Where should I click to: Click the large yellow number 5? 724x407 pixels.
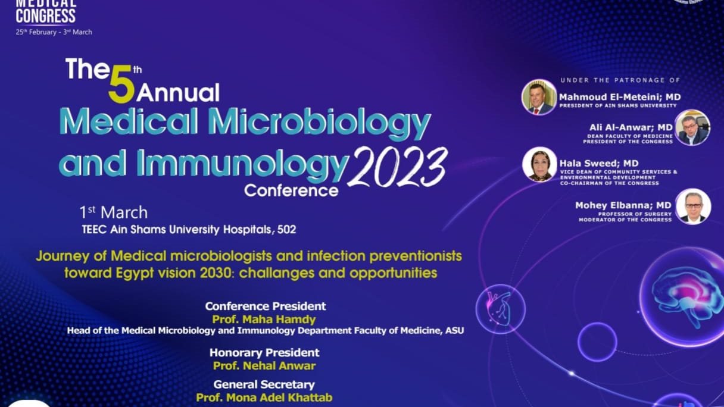tap(121, 84)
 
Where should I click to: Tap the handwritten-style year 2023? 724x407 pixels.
tap(398, 167)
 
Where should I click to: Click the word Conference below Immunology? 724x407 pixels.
tap(291, 190)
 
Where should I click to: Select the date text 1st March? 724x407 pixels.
tap(114, 212)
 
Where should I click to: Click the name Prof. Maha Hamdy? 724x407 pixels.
tap(264, 320)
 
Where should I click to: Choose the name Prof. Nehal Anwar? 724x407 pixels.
tap(264, 366)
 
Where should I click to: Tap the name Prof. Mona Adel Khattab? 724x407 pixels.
tap(264, 397)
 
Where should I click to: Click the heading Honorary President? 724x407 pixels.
tap(264, 352)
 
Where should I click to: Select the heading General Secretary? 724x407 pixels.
tap(264, 384)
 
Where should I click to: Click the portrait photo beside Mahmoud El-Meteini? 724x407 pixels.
tap(539, 97)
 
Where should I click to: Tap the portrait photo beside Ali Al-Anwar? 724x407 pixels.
tap(692, 127)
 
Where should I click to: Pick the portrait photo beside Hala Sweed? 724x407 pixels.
tap(539, 165)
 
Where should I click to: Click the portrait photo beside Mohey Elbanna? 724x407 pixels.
tap(693, 206)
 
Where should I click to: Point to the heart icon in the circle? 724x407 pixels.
tap(500, 309)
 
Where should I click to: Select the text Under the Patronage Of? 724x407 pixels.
tap(620, 80)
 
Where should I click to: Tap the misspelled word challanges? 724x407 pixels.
tap(277, 273)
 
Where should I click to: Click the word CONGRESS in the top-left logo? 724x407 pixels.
tap(46, 15)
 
